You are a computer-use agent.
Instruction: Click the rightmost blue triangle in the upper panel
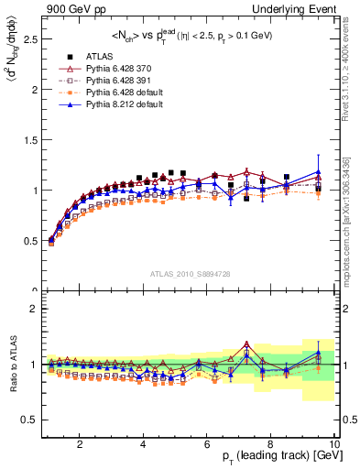click(x=318, y=171)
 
